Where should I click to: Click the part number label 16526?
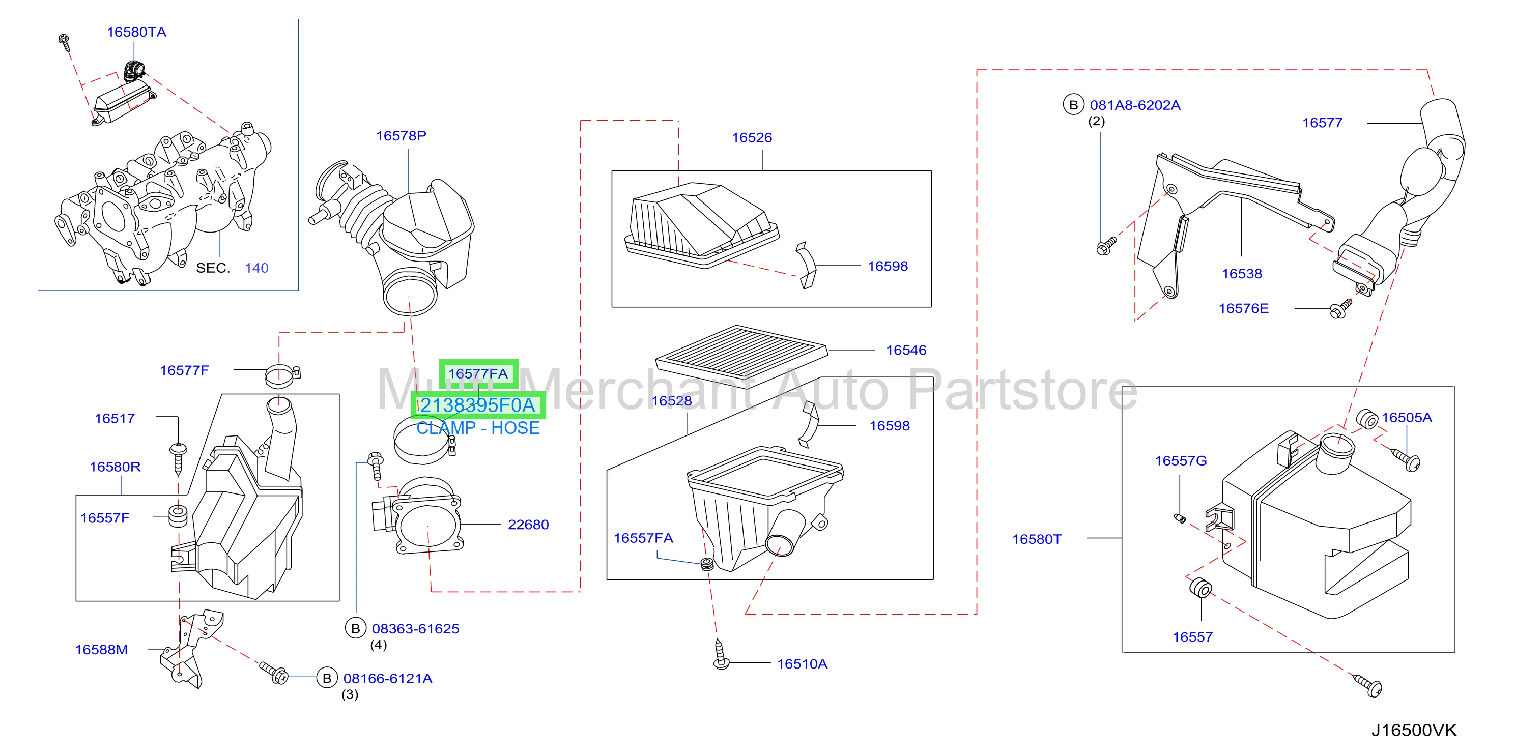point(752,137)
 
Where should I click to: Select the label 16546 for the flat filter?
point(906,351)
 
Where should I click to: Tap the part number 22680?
point(528,525)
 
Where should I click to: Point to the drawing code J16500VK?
point(1414,730)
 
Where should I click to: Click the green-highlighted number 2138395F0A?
point(477,405)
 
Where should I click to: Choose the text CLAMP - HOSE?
point(477,428)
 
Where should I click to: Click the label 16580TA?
point(136,33)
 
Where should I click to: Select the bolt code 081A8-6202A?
point(1135,105)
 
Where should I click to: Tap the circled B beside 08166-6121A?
point(327,678)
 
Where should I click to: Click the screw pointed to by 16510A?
point(721,654)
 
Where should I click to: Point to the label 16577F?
point(184,370)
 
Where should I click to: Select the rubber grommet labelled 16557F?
point(178,516)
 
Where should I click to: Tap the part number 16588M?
point(101,650)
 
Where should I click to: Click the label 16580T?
point(1036,539)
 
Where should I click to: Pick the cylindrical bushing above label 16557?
point(1200,588)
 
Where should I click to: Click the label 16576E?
point(1243,309)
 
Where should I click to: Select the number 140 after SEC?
point(256,268)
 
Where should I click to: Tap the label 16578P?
point(401,136)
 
